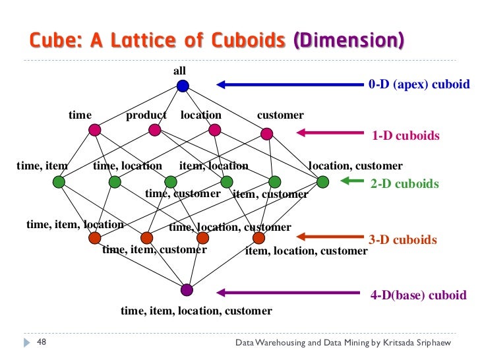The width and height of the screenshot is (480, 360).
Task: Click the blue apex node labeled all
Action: coord(183,85)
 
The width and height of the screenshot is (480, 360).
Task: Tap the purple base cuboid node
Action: coord(187,289)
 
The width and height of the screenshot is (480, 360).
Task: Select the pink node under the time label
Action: coord(94,130)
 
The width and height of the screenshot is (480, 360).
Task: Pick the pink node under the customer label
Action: coord(266,134)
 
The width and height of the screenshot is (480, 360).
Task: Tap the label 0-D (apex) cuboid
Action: coord(419,84)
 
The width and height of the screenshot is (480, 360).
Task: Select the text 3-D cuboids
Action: coord(404,240)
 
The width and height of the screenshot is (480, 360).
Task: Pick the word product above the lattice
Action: coord(146,115)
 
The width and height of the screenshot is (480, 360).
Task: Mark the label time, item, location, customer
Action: coord(196,311)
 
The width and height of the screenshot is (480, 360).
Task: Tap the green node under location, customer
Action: coord(322,181)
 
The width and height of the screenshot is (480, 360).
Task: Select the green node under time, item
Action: coord(59,181)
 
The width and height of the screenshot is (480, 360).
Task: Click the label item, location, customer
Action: coord(306,251)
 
